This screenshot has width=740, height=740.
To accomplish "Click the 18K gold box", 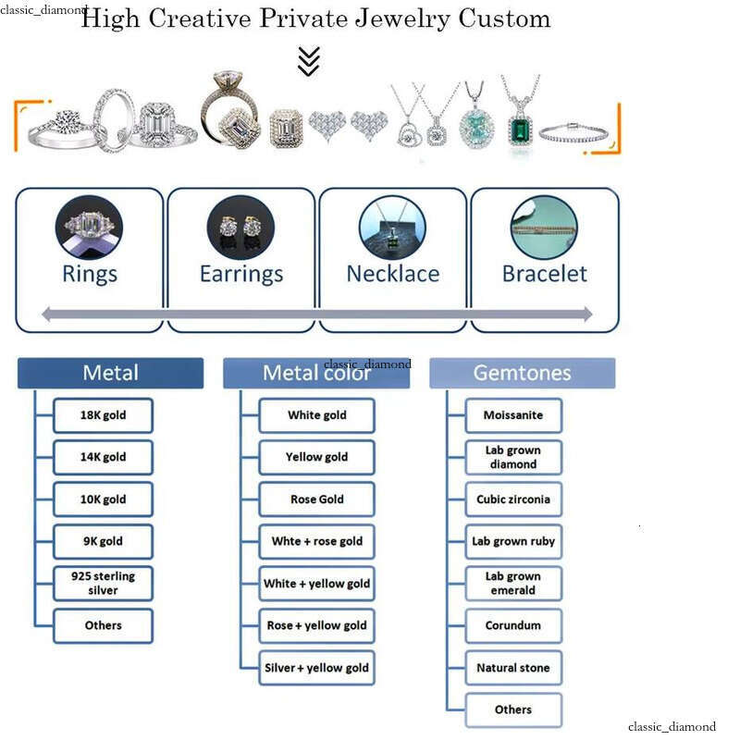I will (x=103, y=415).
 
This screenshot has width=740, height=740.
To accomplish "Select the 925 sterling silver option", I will (x=103, y=583).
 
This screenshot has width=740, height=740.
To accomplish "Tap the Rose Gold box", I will (x=316, y=499).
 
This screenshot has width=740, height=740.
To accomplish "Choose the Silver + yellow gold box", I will (x=316, y=668).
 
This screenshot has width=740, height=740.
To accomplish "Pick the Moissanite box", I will (x=513, y=415).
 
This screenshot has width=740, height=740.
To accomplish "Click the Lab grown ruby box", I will (x=513, y=541).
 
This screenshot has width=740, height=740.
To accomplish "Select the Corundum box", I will (x=513, y=625).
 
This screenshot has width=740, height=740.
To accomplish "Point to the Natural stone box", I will (x=513, y=668).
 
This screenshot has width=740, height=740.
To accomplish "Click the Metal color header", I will (x=316, y=373).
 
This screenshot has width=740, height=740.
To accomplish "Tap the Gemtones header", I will (x=522, y=373).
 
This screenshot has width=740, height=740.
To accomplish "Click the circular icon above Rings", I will (x=89, y=228).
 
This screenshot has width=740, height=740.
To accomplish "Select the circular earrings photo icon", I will (x=240, y=228).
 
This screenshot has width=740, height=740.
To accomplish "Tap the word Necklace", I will (x=392, y=274).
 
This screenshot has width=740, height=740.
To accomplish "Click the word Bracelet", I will (x=544, y=274).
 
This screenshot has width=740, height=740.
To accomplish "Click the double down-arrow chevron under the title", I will (x=309, y=60).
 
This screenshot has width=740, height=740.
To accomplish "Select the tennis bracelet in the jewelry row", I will (x=576, y=130).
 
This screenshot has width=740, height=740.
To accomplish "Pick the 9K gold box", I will (x=103, y=541).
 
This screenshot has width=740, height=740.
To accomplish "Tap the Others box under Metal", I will (x=103, y=625).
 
